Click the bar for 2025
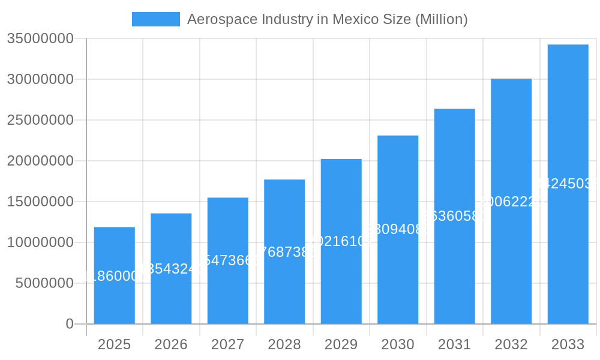click(114, 275)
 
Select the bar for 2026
click(171, 268)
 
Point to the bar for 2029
click(341, 241)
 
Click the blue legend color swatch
click(156, 19)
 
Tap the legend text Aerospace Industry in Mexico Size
click(327, 19)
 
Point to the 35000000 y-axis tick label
click(40, 39)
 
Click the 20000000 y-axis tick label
click(40, 161)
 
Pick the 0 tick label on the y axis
click(69, 324)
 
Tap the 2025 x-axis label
click(114, 344)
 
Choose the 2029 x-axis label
click(341, 344)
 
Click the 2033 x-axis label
click(568, 344)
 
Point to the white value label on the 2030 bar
click(398, 229)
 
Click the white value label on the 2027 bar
click(227, 260)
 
